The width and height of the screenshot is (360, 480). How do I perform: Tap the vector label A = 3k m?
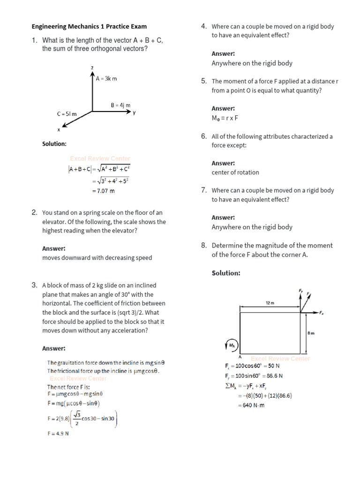[106, 78]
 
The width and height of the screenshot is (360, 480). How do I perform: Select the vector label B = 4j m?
[120, 105]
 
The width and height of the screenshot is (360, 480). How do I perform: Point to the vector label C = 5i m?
[67, 114]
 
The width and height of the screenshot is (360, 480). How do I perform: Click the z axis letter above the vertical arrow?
[92, 68]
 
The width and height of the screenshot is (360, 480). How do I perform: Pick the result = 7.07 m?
[103, 191]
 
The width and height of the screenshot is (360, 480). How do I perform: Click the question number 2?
[34, 213]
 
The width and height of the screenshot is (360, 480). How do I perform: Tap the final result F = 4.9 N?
[58, 434]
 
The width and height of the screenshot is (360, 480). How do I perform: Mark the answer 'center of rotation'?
[235, 172]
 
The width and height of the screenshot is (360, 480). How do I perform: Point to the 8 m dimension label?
[311, 333]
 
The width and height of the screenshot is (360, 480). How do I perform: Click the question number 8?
[204, 245]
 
